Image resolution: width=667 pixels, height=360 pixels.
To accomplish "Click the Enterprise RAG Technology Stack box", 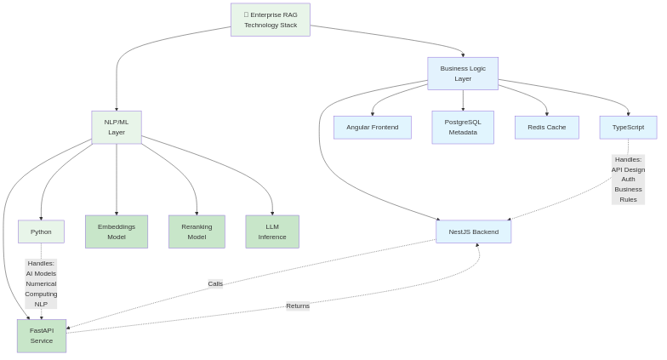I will coord(271,20).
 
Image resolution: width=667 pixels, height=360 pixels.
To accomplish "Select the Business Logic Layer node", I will coord(463,73).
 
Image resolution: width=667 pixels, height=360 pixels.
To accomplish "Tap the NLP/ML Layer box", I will coord(117,128).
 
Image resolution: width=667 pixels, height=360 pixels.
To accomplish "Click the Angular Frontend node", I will coord(372,128).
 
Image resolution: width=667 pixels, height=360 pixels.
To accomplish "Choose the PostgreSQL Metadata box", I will coord(463,128).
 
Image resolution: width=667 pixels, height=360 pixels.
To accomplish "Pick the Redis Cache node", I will coord(546,128).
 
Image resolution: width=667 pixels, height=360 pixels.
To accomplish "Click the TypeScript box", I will coord(628,128).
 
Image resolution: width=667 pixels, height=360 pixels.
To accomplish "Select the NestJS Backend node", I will coord(474,231).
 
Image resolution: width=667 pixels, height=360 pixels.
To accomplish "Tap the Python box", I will coord(41,231).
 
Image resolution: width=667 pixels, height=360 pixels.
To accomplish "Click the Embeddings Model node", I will coord(117,231).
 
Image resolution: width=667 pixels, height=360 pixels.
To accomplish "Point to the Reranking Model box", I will coord(197,231).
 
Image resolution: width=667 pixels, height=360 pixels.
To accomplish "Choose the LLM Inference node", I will coord(272,231).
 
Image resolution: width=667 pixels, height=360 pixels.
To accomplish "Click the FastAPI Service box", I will coord(42,336).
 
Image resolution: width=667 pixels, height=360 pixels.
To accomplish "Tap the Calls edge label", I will coord(215,283).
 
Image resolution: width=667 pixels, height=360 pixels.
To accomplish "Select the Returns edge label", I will coord(298,306).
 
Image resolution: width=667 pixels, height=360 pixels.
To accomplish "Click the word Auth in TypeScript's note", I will coord(628,180).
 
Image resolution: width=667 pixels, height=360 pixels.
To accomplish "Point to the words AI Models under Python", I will coord(41,274).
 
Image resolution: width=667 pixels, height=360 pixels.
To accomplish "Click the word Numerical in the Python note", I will coord(41,284).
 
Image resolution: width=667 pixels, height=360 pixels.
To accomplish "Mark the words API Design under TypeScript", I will coord(628,169).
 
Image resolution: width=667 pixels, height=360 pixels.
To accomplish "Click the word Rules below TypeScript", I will coord(628,200).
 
